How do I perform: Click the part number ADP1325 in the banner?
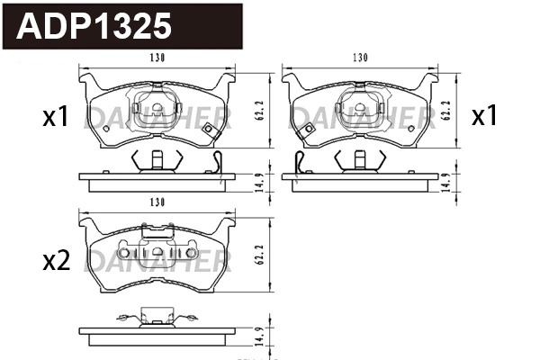[94, 27]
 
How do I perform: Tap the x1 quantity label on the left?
[57, 117]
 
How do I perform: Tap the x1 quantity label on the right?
[485, 116]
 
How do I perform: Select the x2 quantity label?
[57, 262]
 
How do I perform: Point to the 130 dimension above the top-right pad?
[360, 58]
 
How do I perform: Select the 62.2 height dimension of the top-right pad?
[447, 111]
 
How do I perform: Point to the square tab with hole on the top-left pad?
[210, 131]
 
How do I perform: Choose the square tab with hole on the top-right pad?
[305, 131]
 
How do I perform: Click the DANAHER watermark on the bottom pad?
[157, 261]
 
